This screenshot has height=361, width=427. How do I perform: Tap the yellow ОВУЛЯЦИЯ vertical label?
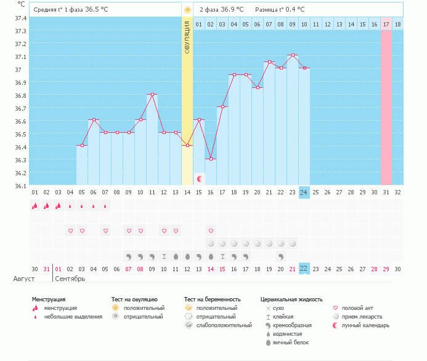coord(187,37)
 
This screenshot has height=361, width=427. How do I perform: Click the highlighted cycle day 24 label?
coord(304,192)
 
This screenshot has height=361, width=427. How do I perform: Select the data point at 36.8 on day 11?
coord(152,95)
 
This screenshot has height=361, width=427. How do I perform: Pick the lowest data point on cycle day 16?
coord(211,159)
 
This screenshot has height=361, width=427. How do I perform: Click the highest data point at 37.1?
coord(293,55)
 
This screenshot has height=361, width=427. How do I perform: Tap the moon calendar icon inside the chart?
coord(200,178)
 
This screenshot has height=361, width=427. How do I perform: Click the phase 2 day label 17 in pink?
coord(386,24)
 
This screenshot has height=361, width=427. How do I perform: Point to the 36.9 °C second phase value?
coord(232,10)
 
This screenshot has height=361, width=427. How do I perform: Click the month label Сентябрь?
coord(70,279)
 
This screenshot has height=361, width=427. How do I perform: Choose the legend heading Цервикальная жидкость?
coord(291,300)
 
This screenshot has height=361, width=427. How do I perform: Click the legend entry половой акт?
coord(357,307)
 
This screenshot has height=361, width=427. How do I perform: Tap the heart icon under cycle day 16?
coord(211,231)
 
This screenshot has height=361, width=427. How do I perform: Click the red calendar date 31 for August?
coord(46,269)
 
